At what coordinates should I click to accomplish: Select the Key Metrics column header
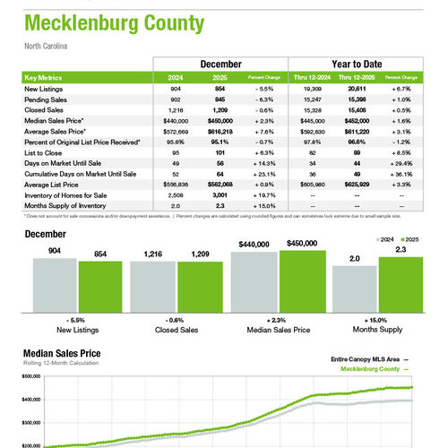[x=43, y=78]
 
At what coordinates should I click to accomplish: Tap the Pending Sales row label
[x=44, y=99]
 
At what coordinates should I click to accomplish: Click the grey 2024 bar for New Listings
[x=56, y=288]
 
